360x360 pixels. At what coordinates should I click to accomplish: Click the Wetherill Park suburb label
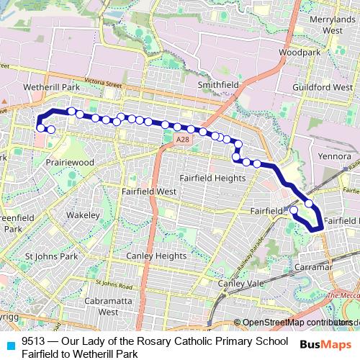(51, 86)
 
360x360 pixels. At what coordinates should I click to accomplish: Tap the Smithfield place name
(218, 84)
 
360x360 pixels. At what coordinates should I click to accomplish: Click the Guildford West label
(326, 87)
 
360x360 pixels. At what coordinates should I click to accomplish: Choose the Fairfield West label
(149, 192)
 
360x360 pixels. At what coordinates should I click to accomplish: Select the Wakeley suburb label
(83, 215)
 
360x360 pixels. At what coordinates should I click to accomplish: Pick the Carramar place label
(312, 266)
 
